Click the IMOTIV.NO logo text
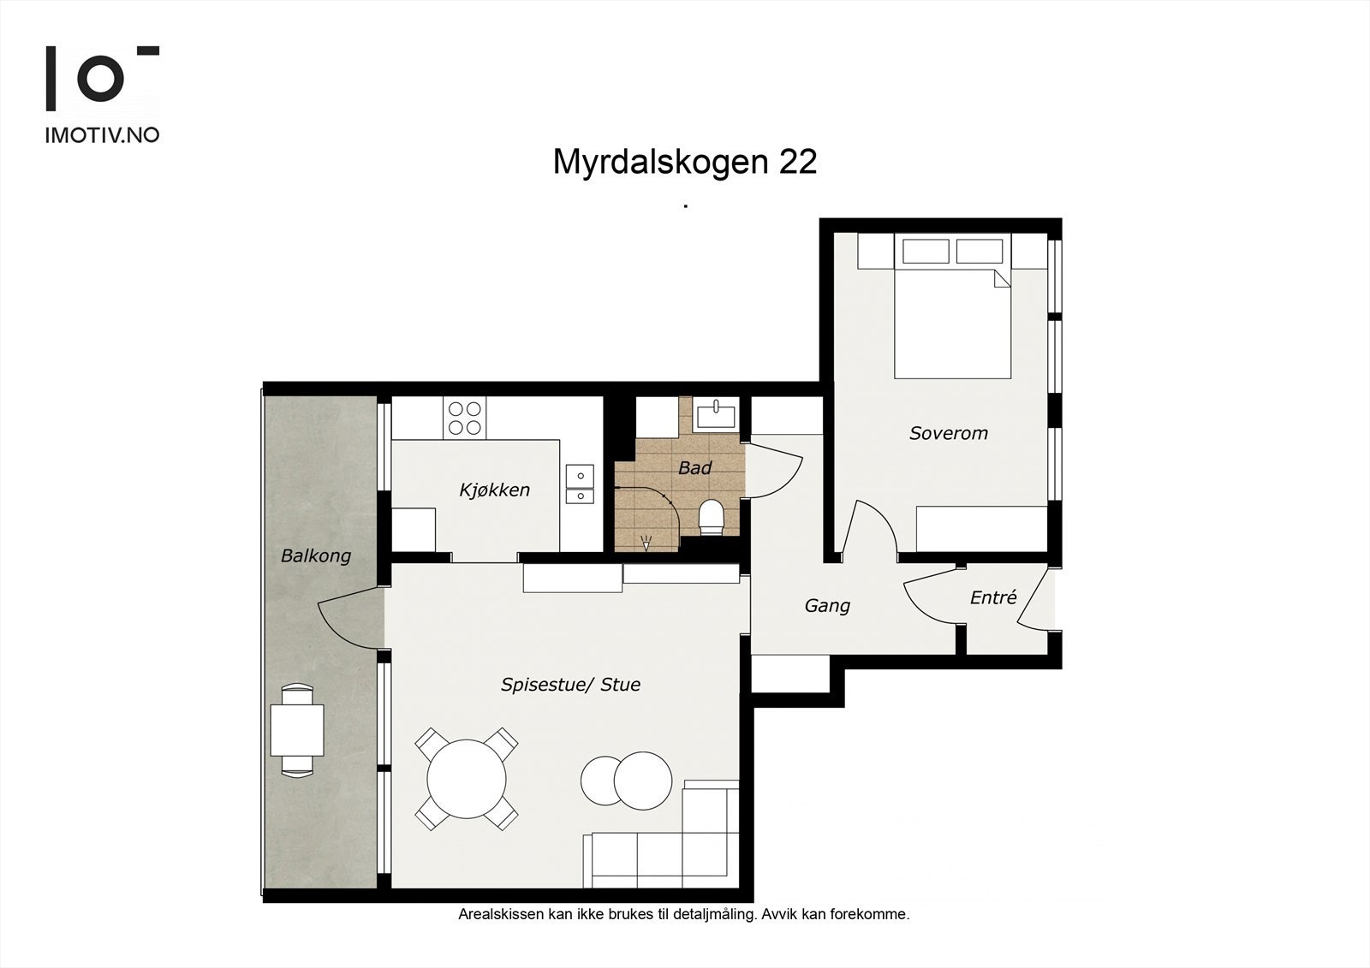tap(102, 135)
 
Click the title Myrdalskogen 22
tap(684, 161)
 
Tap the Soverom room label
tap(948, 433)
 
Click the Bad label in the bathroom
tap(694, 468)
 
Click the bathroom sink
tap(715, 416)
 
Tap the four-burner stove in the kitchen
tap(464, 419)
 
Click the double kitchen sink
tap(580, 484)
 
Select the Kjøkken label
tap(494, 490)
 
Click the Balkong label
tap(316, 556)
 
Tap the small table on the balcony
tap(297, 730)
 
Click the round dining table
tap(467, 780)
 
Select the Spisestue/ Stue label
tap(570, 685)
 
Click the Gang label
tap(827, 606)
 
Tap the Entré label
tap(993, 598)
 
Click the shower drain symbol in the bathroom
tap(646, 542)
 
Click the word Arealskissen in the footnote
tap(500, 914)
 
